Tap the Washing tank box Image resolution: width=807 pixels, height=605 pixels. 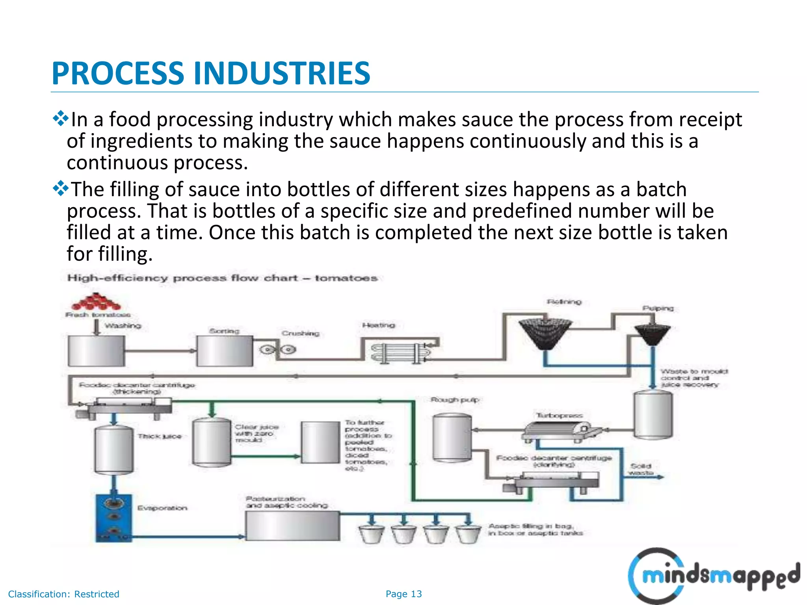(x=96, y=351)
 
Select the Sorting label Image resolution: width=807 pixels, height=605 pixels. (x=224, y=331)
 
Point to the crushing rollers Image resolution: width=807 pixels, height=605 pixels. (x=278, y=349)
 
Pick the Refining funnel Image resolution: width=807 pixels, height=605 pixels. (x=545, y=334)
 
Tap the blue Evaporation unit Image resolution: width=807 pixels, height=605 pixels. (x=113, y=518)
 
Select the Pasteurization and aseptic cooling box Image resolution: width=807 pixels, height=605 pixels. (x=292, y=526)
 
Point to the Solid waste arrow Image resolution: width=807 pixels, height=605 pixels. (x=646, y=477)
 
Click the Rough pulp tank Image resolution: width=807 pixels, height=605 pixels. (x=452, y=437)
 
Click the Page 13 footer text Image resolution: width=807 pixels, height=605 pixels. (x=403, y=594)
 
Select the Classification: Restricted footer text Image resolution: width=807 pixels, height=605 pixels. (x=63, y=594)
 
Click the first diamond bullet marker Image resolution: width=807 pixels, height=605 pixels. (x=60, y=119)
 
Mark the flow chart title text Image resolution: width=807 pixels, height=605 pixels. (x=222, y=278)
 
